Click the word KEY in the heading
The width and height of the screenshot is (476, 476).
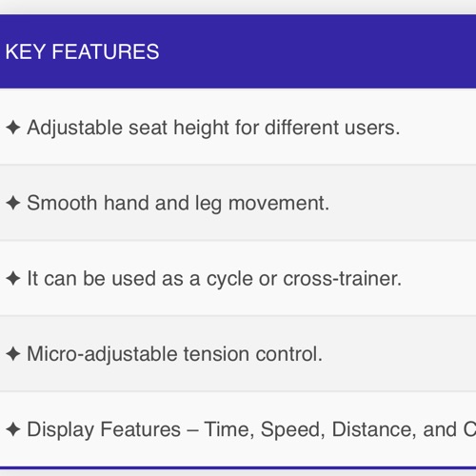click(25, 51)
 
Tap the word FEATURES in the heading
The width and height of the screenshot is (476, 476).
click(106, 51)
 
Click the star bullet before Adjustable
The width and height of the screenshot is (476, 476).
click(13, 128)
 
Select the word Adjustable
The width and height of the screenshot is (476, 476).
click(75, 129)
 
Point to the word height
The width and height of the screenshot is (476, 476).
click(201, 129)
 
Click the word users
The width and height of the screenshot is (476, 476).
click(372, 129)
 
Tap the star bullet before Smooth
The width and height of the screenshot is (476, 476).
click(13, 203)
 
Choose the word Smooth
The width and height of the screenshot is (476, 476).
click(62, 203)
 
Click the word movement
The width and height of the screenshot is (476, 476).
click(279, 204)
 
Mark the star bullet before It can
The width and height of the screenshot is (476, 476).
click(13, 279)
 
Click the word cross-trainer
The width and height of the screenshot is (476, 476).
click(342, 279)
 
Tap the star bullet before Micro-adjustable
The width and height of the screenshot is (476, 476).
click(13, 354)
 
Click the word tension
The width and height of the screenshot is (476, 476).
click(216, 354)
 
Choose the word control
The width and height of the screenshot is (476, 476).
click(288, 354)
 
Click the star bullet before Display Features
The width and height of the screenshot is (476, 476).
click(13, 429)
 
